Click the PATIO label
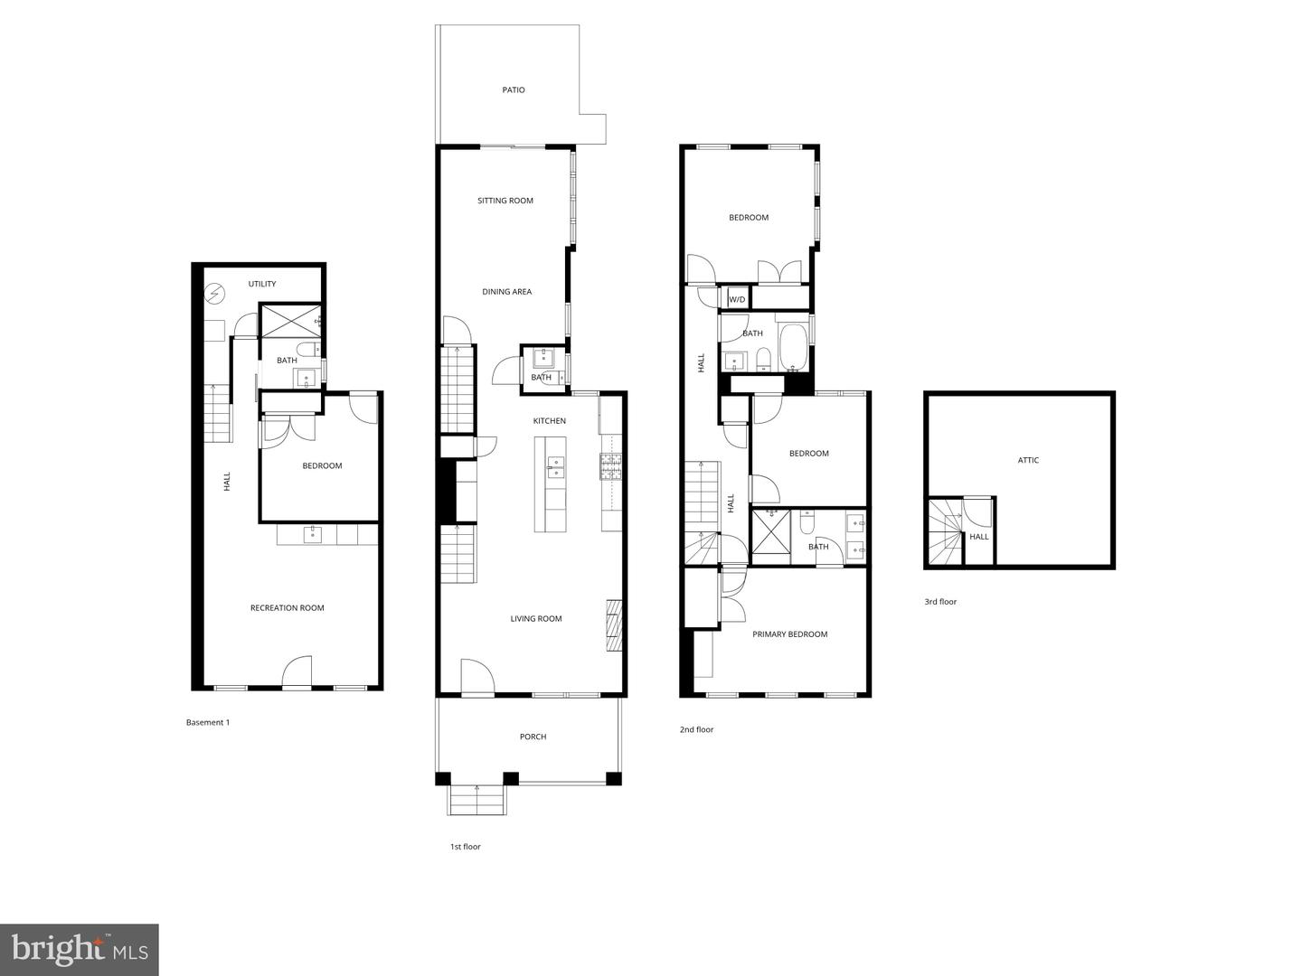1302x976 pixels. click(514, 90)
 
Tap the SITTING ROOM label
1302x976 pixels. click(505, 201)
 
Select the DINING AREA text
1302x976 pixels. click(506, 292)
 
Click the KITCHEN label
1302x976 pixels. click(549, 421)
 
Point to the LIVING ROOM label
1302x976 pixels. click(536, 619)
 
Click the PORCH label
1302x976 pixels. click(533, 737)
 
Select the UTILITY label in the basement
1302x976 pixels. click(262, 284)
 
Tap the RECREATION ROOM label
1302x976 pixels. click(287, 608)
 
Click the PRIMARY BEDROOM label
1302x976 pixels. click(789, 634)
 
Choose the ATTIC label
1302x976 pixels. click(1028, 460)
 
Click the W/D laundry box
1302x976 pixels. click(737, 299)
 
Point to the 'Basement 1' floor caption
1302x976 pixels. click(208, 722)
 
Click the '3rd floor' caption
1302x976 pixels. click(940, 602)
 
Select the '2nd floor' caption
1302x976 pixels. click(696, 729)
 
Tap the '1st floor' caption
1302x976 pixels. click(466, 847)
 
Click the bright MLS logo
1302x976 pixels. click(80, 950)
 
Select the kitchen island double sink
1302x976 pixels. click(556, 466)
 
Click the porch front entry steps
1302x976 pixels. click(476, 799)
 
